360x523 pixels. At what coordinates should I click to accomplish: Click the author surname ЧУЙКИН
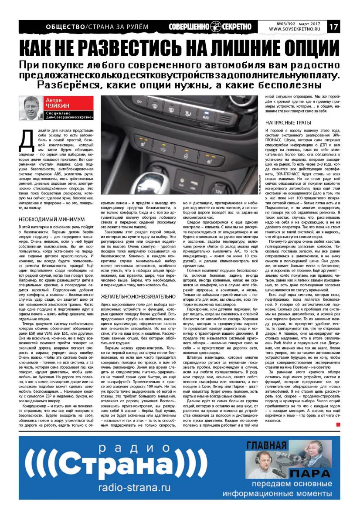tap(59, 106)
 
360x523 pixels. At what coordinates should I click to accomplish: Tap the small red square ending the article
tap(338, 425)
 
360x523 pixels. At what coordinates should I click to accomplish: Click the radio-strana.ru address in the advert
tap(135, 487)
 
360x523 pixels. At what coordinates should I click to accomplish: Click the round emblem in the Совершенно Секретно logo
tap(216, 26)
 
